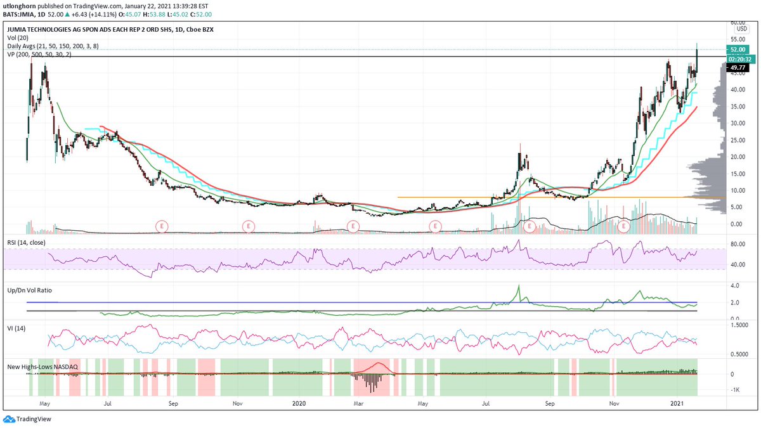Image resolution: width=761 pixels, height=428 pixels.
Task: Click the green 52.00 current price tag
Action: coord(738,49)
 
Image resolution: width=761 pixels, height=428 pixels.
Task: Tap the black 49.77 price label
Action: coord(738,68)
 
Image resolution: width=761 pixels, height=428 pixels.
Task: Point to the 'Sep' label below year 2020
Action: coord(550,403)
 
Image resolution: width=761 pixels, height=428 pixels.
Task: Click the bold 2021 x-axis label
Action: coord(679,403)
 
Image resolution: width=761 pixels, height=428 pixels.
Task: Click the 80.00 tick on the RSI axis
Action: coord(736,243)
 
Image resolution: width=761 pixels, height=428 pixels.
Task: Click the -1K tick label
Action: coord(734,390)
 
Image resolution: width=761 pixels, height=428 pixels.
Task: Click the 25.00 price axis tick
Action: coord(737,140)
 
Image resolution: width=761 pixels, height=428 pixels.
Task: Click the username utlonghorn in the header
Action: coord(22,6)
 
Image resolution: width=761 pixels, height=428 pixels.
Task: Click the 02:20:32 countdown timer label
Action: coord(738,59)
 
